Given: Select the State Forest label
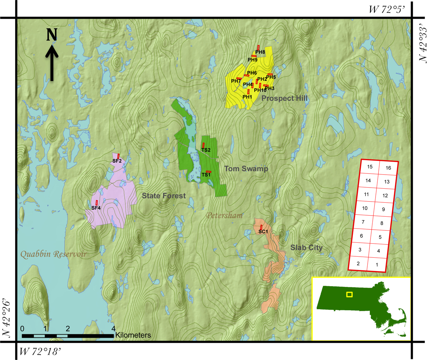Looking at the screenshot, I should pyautogui.click(x=163, y=196).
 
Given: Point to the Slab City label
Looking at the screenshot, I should pyautogui.click(x=306, y=248).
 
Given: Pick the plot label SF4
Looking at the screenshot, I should pyautogui.click(x=96, y=208).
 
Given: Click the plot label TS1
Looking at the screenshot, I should pyautogui.click(x=206, y=175).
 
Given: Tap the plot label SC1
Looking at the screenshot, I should pyautogui.click(x=263, y=231).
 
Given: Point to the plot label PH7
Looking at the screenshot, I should pyautogui.click(x=236, y=81).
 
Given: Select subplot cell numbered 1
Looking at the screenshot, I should pyautogui.click(x=377, y=265).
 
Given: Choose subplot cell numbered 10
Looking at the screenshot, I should pyautogui.click(x=364, y=208).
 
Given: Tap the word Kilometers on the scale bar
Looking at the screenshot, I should pyautogui.click(x=133, y=335).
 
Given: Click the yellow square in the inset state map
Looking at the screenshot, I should pyautogui.click(x=349, y=294).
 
